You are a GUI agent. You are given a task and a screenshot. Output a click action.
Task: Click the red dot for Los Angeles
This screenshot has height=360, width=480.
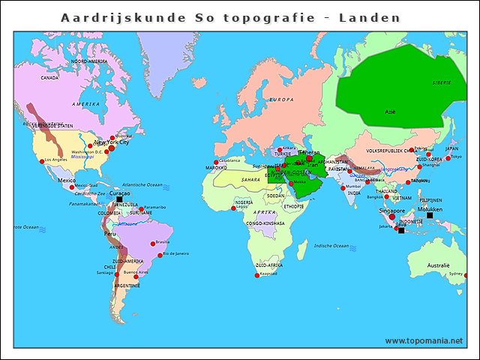tap(40, 160)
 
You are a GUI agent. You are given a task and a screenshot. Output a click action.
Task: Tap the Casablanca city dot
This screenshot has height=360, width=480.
tap(216, 162)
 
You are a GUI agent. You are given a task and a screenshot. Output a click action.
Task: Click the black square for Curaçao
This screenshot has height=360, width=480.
tap(119, 199)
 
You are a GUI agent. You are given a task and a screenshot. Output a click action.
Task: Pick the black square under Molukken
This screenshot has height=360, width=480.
tap(430, 216)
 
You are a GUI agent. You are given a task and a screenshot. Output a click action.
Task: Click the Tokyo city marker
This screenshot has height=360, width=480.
tap(448, 158)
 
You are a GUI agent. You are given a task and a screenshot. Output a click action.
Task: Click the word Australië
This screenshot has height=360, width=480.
tap(438, 265)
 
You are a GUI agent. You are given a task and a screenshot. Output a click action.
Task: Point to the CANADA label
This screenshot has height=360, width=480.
tap(49, 77)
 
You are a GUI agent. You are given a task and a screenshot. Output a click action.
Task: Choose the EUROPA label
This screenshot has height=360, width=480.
tap(281, 99)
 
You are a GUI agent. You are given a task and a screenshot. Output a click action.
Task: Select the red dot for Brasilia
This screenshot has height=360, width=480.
tap(153, 243)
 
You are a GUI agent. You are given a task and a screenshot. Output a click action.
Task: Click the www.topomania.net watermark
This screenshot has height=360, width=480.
tap(424, 340)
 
